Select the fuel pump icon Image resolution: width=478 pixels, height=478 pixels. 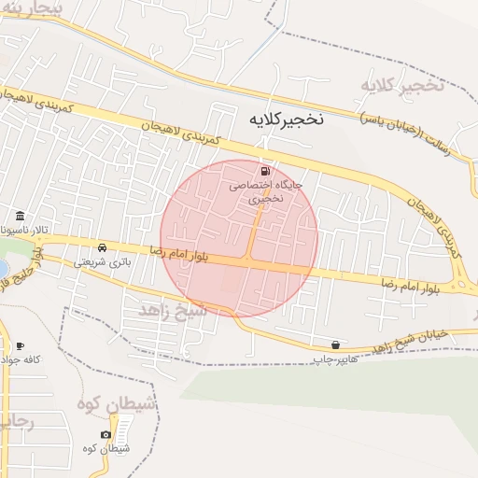coord(267,171)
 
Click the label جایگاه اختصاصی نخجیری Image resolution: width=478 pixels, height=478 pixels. coord(267,192)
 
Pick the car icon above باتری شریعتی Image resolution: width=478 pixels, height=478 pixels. coord(102,248)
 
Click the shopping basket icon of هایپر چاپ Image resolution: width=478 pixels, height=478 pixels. coord(335,344)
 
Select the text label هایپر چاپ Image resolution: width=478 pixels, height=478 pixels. coord(330,359)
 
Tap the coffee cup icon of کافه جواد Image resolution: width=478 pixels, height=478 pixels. coord(21,345)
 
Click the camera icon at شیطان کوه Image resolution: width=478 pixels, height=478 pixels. coord(105,434)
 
